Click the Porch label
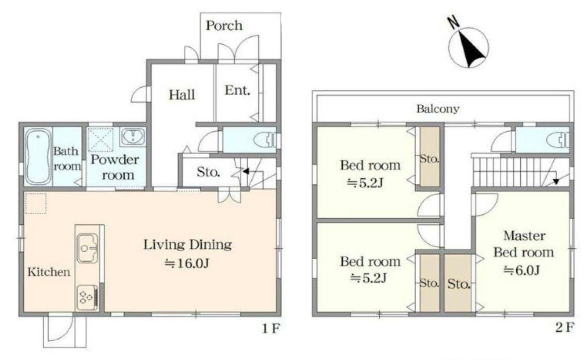click(x=224, y=25)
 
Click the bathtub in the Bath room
click(x=38, y=157)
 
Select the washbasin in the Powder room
click(x=133, y=137)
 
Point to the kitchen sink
click(x=88, y=248)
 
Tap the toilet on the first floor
click(x=266, y=140)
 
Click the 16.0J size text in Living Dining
click(x=187, y=263)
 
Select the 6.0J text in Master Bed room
click(x=522, y=271)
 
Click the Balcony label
click(x=438, y=109)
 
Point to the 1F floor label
click(x=271, y=329)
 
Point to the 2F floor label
click(x=565, y=327)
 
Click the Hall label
click(x=182, y=95)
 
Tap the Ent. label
click(x=237, y=91)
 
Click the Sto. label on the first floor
click(x=208, y=172)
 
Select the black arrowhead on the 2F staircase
click(x=556, y=182)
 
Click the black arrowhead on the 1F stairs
click(x=246, y=171)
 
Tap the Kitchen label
click(x=49, y=272)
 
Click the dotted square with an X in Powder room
click(x=101, y=140)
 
